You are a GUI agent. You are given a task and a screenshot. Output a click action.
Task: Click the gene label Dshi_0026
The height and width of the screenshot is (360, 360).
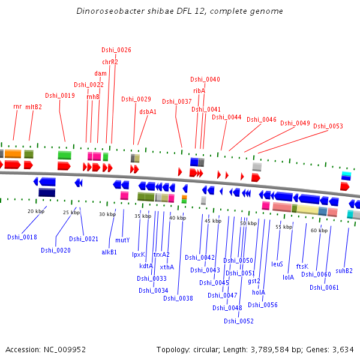tap(116, 50)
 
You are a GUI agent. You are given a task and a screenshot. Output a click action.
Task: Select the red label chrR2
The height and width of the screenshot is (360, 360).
tap(110, 62)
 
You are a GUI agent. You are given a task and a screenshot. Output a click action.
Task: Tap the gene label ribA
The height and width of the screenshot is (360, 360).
tap(199, 91)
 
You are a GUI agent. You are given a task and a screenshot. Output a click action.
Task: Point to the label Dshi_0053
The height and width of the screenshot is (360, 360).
tap(328, 126)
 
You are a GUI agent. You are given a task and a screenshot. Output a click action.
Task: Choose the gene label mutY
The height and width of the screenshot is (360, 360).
tap(122, 240)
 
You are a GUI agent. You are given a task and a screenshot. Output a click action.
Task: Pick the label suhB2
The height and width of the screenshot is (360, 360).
tap(344, 270)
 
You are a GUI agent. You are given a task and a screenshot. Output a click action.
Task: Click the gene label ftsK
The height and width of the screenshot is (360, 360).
tap(302, 266)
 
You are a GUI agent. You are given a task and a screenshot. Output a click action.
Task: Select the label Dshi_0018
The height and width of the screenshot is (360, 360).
tap(22, 237)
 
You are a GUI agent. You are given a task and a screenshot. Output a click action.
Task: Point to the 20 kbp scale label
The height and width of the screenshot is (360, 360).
tap(36, 211)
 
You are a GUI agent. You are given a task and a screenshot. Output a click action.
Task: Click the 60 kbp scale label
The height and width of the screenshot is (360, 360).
tap(319, 230)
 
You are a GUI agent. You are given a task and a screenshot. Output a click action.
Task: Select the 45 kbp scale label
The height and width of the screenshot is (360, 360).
tap(213, 221)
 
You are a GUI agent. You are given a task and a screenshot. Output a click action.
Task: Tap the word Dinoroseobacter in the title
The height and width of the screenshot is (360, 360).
tap(106, 11)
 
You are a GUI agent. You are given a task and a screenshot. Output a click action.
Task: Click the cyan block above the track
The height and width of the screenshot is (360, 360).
tap(346, 175)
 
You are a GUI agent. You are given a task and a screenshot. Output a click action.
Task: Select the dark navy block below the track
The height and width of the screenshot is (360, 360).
tap(47, 192)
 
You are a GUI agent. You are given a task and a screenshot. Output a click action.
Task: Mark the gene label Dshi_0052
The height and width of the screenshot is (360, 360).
tap(239, 321)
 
